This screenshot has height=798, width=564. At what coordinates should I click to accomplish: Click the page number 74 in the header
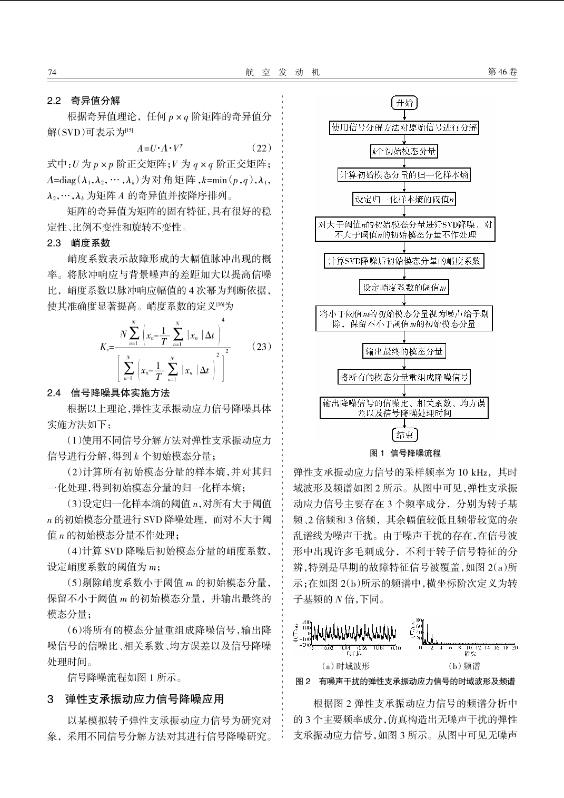[x=52, y=72]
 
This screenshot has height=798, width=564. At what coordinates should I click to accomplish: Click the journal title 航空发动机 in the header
[x=282, y=72]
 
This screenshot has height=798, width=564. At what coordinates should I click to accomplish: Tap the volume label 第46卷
[x=502, y=72]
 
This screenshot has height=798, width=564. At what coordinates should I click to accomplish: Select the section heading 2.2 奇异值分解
[x=84, y=101]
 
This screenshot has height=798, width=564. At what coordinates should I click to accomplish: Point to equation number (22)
[x=261, y=148]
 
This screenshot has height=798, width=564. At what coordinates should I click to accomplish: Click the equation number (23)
[x=261, y=346]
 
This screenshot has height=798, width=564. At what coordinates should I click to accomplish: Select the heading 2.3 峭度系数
[x=79, y=243]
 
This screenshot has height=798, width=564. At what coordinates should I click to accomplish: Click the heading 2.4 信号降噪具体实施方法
[x=108, y=393]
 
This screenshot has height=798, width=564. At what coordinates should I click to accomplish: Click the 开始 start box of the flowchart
[x=404, y=103]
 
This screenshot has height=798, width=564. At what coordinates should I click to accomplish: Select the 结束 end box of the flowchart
[x=404, y=435]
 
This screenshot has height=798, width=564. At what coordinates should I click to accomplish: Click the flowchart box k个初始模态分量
[x=404, y=152]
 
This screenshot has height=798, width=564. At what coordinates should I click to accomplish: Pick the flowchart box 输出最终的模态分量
[x=404, y=351]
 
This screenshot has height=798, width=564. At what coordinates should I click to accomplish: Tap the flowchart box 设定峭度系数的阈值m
[x=404, y=287]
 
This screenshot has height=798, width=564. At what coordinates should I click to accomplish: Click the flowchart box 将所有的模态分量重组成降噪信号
[x=404, y=377]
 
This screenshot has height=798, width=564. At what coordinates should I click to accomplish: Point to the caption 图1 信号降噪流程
[x=405, y=453]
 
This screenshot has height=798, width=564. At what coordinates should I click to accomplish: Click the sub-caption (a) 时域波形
[x=345, y=666]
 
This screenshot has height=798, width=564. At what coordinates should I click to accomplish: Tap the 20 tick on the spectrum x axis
[x=514, y=647]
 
